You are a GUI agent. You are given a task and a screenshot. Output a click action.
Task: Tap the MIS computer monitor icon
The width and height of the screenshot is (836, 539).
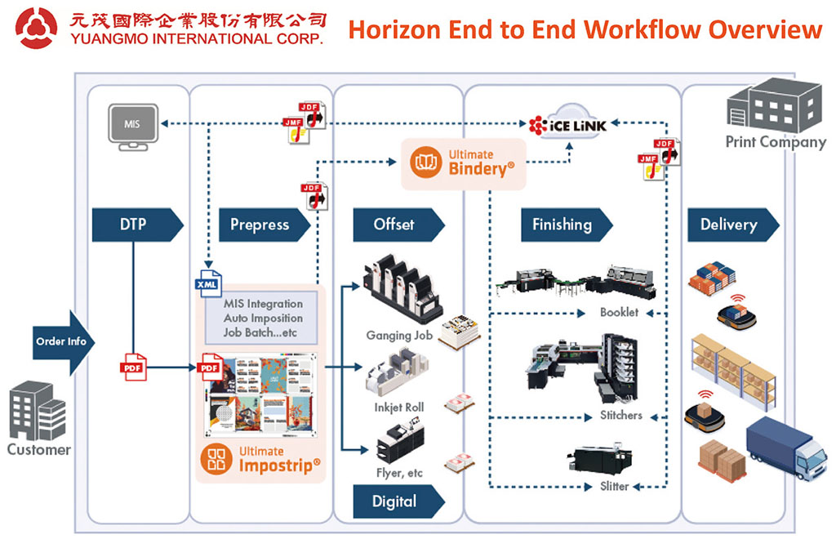pos(131,126)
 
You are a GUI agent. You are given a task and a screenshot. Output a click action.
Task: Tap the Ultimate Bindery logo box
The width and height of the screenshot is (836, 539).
pos(463,163)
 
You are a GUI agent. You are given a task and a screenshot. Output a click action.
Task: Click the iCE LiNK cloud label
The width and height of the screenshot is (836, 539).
pos(568,125)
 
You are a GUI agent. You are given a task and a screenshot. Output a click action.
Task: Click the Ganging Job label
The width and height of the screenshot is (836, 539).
pos(400,335)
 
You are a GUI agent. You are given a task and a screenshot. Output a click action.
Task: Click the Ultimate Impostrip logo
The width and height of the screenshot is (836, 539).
pos(260,461)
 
